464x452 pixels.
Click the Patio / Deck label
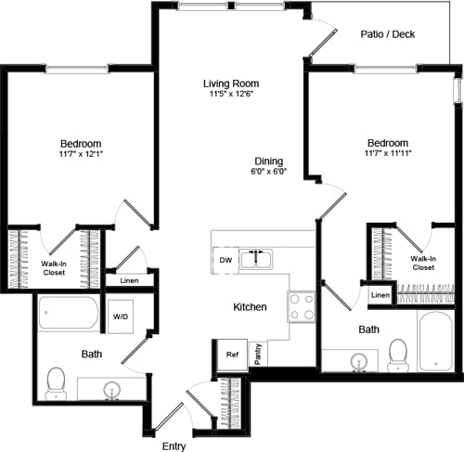[x=388, y=34]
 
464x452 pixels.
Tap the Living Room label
[x=229, y=84]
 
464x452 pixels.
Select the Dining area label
[x=268, y=161]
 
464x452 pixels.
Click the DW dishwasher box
[x=225, y=261]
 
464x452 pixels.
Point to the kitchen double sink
[x=256, y=259]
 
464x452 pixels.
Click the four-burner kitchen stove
[x=302, y=306]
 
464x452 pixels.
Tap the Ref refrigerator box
[x=230, y=355]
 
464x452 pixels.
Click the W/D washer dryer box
[x=122, y=316]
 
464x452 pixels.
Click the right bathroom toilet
[x=398, y=354]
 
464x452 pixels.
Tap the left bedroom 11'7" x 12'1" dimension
[x=81, y=155]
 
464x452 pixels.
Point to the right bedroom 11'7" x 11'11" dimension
[x=388, y=153]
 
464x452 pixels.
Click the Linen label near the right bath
[x=380, y=295]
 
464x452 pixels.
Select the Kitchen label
[x=250, y=306]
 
